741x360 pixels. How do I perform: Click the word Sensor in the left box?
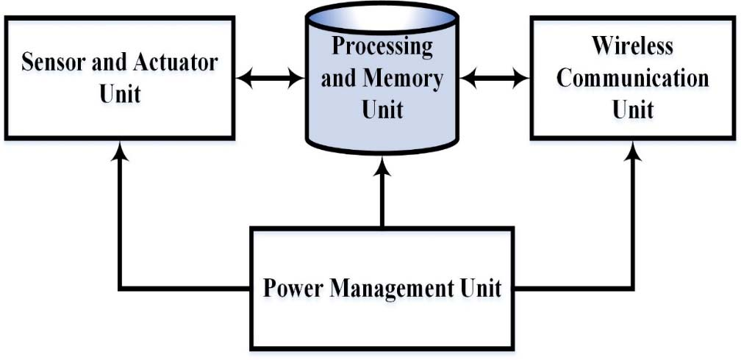(x=51, y=62)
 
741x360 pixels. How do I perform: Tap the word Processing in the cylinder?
(x=382, y=46)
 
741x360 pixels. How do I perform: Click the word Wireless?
(x=632, y=46)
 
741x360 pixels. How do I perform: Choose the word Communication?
(x=632, y=78)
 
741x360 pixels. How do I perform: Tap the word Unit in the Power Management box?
(x=483, y=288)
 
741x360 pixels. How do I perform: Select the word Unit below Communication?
(x=632, y=109)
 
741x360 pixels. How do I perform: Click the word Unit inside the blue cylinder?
(x=382, y=109)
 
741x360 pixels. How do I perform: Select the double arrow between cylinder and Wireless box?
(x=495, y=77)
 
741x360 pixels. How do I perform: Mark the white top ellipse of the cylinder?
(x=382, y=16)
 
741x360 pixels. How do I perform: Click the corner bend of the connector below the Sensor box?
(x=120, y=288)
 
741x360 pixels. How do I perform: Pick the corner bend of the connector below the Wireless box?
(x=632, y=288)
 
